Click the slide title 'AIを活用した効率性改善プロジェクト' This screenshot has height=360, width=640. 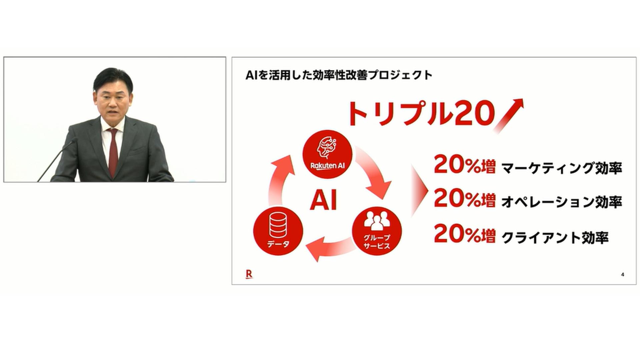pyautogui.click(x=339, y=75)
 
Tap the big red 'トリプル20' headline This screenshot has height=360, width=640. pyautogui.click(x=421, y=113)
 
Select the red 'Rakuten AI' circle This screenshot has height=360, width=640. pyautogui.click(x=327, y=155)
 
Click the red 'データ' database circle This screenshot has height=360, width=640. pyautogui.click(x=278, y=231)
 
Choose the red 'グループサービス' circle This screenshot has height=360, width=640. pyautogui.click(x=377, y=231)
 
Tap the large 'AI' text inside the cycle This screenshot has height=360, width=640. pyautogui.click(x=323, y=200)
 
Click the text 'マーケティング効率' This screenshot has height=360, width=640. pyautogui.click(x=562, y=168)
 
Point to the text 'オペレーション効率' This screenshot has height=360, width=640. pyautogui.click(x=562, y=202)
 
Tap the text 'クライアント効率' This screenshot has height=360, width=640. pyautogui.click(x=555, y=238)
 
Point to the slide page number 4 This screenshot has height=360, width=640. pyautogui.click(x=623, y=275)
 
